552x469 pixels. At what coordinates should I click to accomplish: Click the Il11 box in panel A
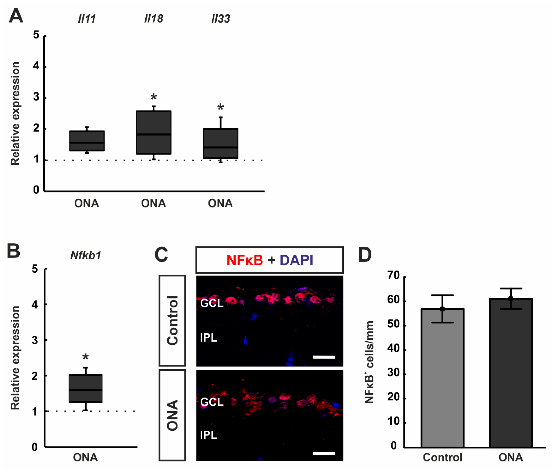(x=87, y=141)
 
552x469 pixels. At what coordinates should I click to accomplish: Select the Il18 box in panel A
(x=153, y=132)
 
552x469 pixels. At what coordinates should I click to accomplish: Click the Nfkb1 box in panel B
(x=85, y=388)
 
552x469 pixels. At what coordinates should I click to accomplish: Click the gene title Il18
(x=153, y=19)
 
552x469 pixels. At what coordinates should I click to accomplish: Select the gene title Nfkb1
(x=86, y=255)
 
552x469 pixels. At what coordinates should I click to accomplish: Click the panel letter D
(x=365, y=255)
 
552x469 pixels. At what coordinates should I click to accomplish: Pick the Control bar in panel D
(x=442, y=377)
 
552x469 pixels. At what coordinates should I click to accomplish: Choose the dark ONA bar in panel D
(x=510, y=372)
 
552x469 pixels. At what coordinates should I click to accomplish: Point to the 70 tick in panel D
(x=393, y=276)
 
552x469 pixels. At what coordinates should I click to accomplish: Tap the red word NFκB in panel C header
(x=245, y=260)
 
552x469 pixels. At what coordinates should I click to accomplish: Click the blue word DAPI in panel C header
(x=297, y=260)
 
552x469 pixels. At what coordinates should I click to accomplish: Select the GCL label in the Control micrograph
(x=212, y=303)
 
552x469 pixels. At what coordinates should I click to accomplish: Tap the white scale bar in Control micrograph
(x=324, y=357)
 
